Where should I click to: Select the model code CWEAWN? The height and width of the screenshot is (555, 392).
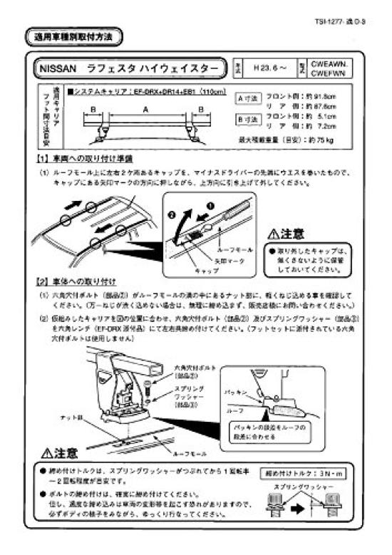point(347,63)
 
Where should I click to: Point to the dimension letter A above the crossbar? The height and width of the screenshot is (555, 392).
point(145,110)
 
